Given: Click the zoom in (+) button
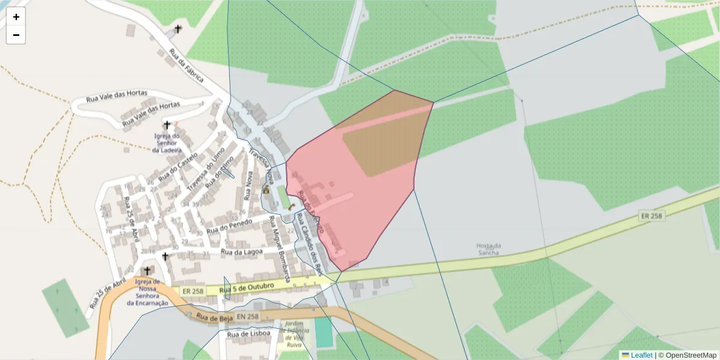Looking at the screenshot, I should point(16,17).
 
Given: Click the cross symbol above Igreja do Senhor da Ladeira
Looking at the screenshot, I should point(167,125).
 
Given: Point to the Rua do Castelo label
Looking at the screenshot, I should point(179,168).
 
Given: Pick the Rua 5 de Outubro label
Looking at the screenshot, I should point(247,289).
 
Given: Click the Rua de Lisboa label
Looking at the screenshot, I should point(246,334).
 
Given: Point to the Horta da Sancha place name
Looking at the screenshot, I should point(488,249).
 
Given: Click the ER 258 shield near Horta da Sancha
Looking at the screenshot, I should point(651,215).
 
